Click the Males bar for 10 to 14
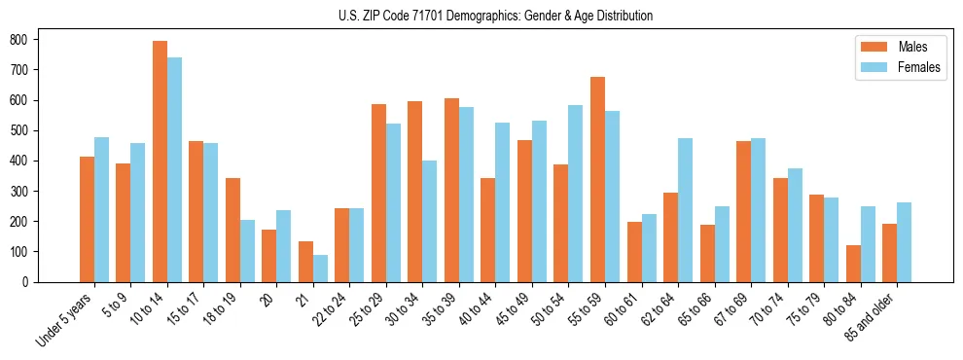[160, 162]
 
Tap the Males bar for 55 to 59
[597, 179]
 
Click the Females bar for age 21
[320, 269]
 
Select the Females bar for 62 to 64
[685, 210]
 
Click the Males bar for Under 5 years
[87, 219]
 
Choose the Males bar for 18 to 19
[232, 230]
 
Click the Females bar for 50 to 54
[575, 194]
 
